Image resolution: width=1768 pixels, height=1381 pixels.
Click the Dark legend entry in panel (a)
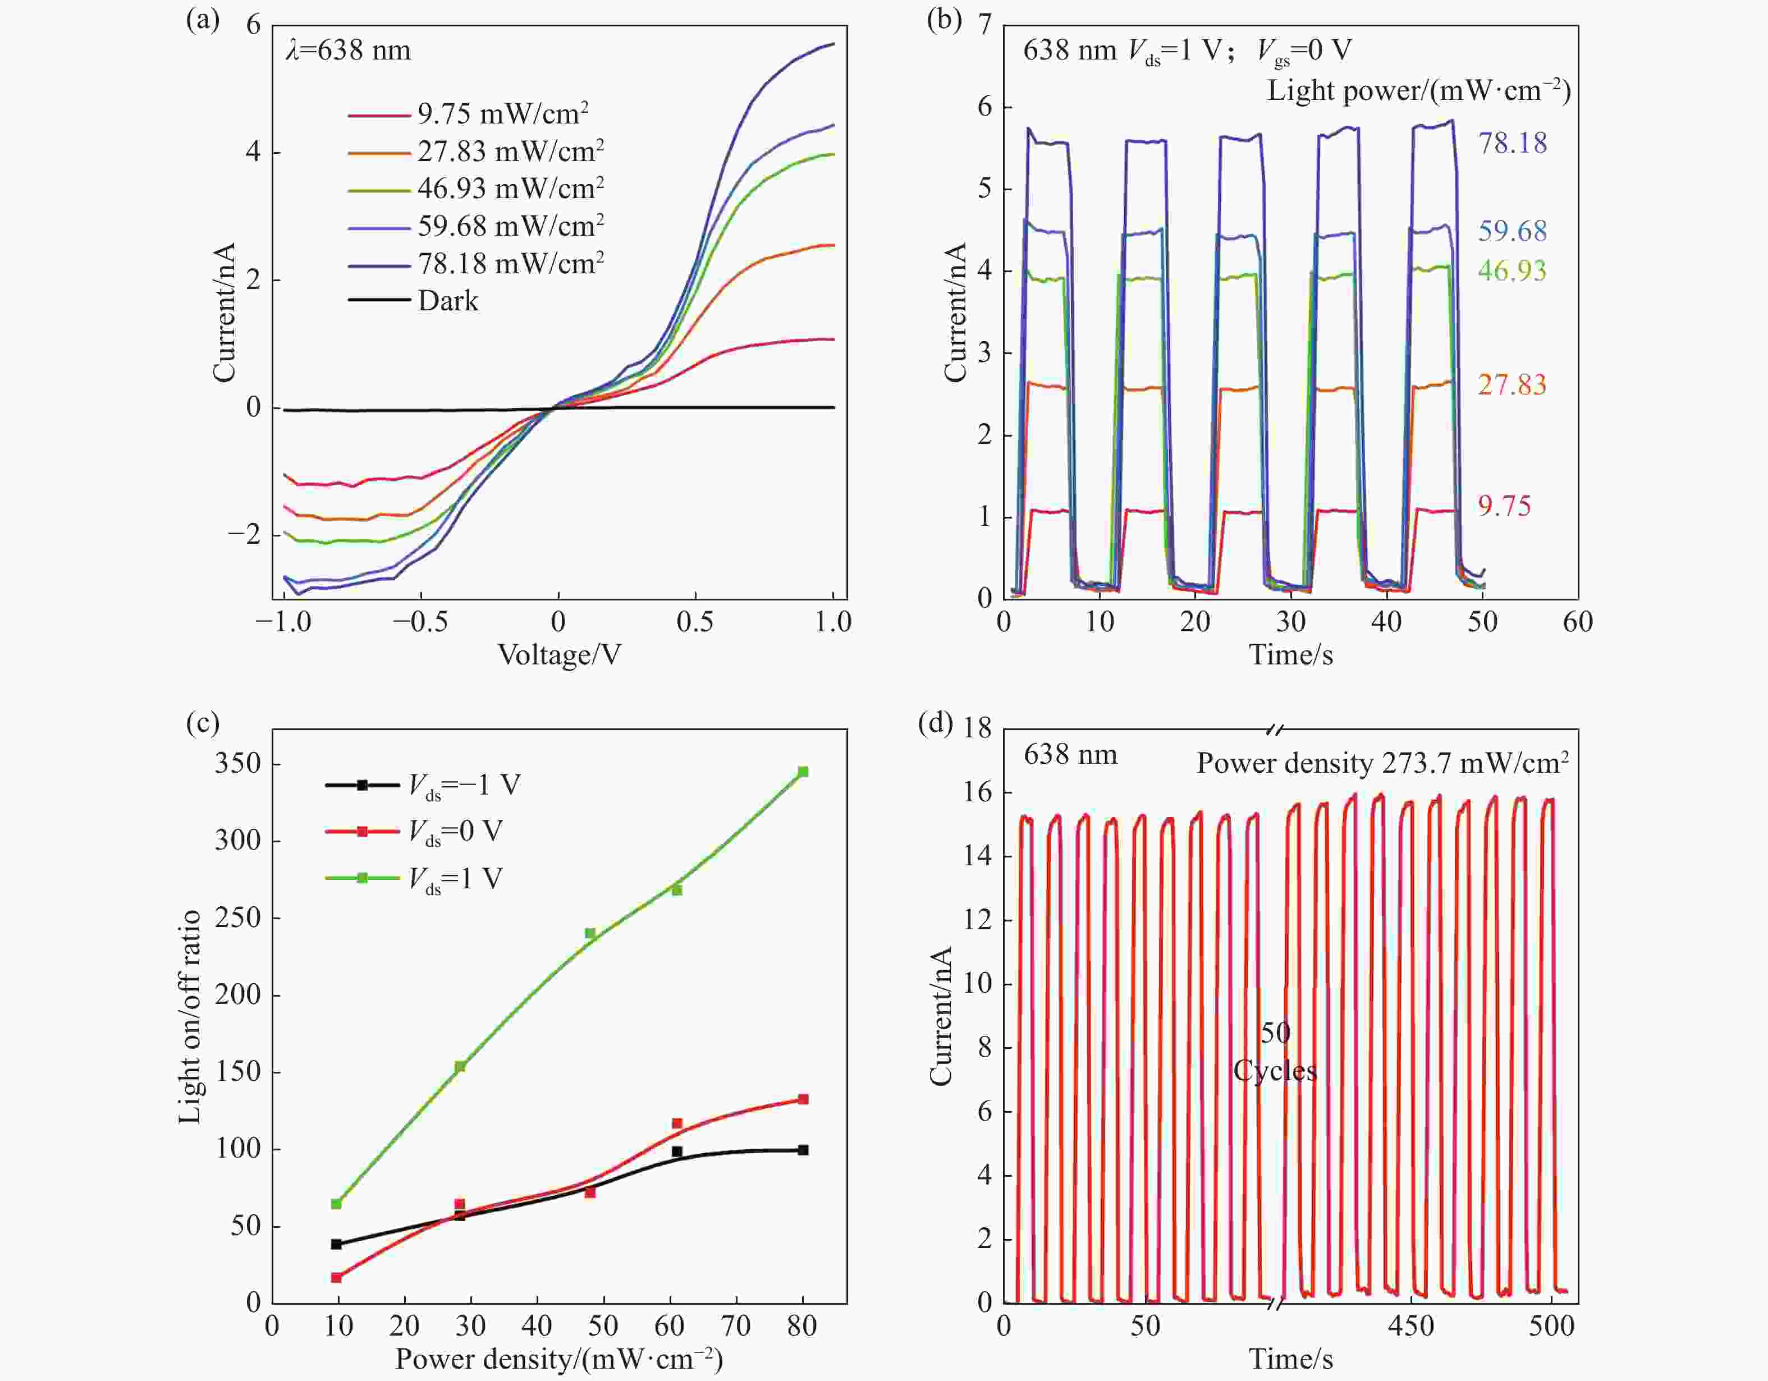click(448, 301)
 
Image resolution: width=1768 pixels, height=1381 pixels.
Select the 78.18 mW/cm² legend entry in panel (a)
click(510, 264)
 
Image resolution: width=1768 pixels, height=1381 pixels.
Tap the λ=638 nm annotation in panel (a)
click(348, 51)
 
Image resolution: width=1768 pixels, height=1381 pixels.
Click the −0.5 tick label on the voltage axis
click(420, 622)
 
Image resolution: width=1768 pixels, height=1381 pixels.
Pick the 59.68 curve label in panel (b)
click(1511, 232)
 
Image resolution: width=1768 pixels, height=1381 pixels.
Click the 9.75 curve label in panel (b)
click(1504, 507)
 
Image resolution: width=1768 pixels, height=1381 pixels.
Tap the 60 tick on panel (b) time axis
click(1578, 622)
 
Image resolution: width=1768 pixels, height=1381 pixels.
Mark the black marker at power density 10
click(337, 1244)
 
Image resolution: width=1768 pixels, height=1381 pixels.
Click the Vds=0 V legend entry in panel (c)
click(455, 832)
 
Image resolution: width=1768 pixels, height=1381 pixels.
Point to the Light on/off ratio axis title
click(190, 1017)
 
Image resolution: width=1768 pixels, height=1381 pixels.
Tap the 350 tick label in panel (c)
click(238, 763)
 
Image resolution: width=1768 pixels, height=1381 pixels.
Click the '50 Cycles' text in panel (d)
click(1275, 1052)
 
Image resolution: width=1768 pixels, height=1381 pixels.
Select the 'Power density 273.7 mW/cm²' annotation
click(1382, 763)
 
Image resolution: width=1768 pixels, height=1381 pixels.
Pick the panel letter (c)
click(203, 722)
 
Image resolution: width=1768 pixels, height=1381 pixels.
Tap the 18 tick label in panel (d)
click(977, 728)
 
